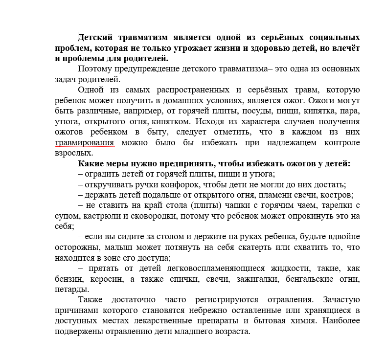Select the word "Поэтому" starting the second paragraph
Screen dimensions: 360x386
(x=94, y=69)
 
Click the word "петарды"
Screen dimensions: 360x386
(x=69, y=289)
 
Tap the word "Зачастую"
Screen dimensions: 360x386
(x=341, y=300)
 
